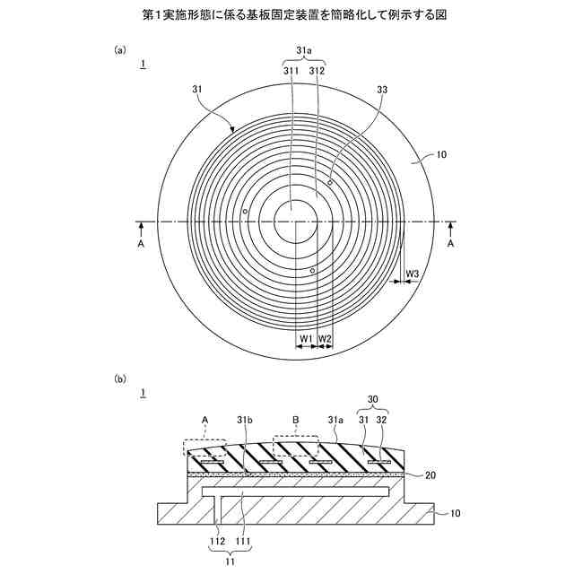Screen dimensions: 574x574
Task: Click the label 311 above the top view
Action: (291, 69)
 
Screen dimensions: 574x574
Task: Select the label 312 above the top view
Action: (316, 69)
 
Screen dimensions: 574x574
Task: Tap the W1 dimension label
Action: (306, 338)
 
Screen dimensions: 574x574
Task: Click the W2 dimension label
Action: (326, 338)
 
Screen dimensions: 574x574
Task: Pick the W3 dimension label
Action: (413, 273)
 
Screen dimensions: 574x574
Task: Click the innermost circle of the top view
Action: (291, 215)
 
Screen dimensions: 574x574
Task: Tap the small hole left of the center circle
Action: (244, 213)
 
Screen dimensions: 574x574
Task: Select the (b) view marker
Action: (120, 378)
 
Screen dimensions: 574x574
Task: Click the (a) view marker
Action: (120, 51)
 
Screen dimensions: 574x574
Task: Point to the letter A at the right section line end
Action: (450, 242)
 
